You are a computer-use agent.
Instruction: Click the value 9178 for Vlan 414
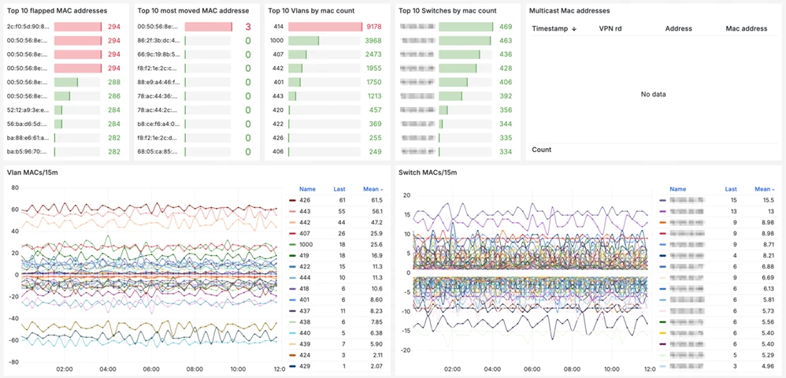tap(374, 27)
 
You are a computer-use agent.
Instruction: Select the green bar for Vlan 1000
tap(303, 41)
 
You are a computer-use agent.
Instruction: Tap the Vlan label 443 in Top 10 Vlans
tap(278, 96)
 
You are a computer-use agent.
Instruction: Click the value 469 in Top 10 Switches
tap(505, 27)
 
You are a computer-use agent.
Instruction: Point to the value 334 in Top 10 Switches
tap(505, 151)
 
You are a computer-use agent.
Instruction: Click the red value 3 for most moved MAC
tap(247, 27)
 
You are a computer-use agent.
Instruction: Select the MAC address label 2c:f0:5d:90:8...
tap(27, 27)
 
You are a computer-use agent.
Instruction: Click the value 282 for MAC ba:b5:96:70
tap(113, 151)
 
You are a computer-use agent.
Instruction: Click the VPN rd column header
tap(610, 28)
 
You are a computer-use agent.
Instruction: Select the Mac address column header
tap(746, 28)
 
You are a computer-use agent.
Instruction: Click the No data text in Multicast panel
tap(653, 94)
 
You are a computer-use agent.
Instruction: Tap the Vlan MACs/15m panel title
tap(32, 172)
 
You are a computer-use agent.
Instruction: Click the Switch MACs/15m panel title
tap(428, 172)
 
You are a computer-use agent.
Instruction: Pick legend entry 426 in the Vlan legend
tap(304, 201)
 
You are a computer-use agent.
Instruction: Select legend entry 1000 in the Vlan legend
tap(306, 245)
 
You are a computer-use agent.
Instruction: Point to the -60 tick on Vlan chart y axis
tap(13, 340)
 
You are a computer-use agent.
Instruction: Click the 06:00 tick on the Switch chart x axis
tap(531, 369)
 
